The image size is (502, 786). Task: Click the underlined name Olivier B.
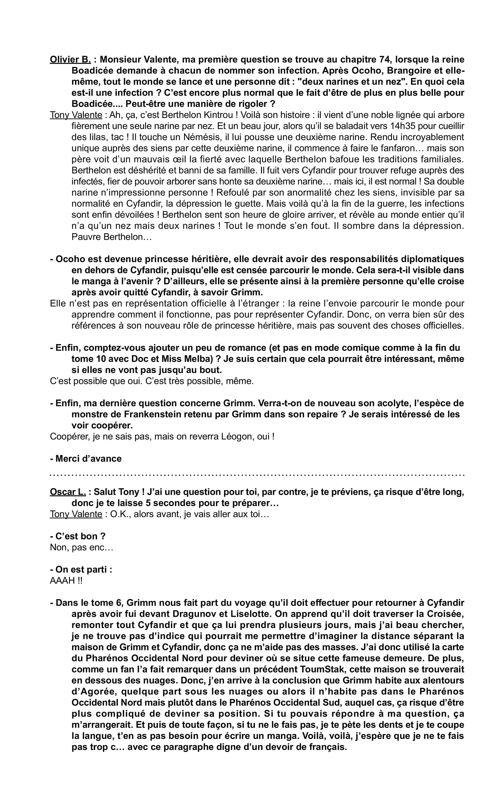[x=70, y=59]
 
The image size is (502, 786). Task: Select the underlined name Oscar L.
[x=68, y=492]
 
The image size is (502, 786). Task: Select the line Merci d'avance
[x=86, y=459]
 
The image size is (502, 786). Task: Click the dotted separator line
[x=257, y=475]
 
